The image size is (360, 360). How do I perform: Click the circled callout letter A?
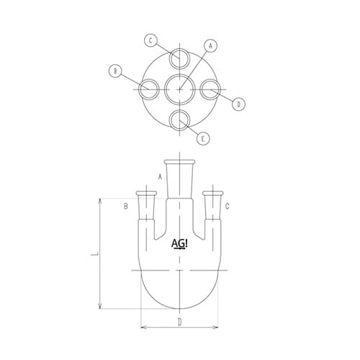pyautogui.click(x=211, y=45)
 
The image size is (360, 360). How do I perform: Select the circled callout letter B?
pyautogui.click(x=114, y=71)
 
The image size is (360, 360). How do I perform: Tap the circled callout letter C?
pyautogui.click(x=150, y=39)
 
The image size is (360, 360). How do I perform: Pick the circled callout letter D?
pyautogui.click(x=240, y=104)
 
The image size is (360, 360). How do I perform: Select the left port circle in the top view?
pyautogui.click(x=149, y=90)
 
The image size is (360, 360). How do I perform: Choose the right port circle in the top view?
pyautogui.click(x=210, y=90)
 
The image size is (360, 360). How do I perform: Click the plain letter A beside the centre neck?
pyautogui.click(x=159, y=176)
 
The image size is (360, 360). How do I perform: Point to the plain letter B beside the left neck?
pyautogui.click(x=125, y=207)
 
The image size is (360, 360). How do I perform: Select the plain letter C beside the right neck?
pyautogui.click(x=228, y=207)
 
